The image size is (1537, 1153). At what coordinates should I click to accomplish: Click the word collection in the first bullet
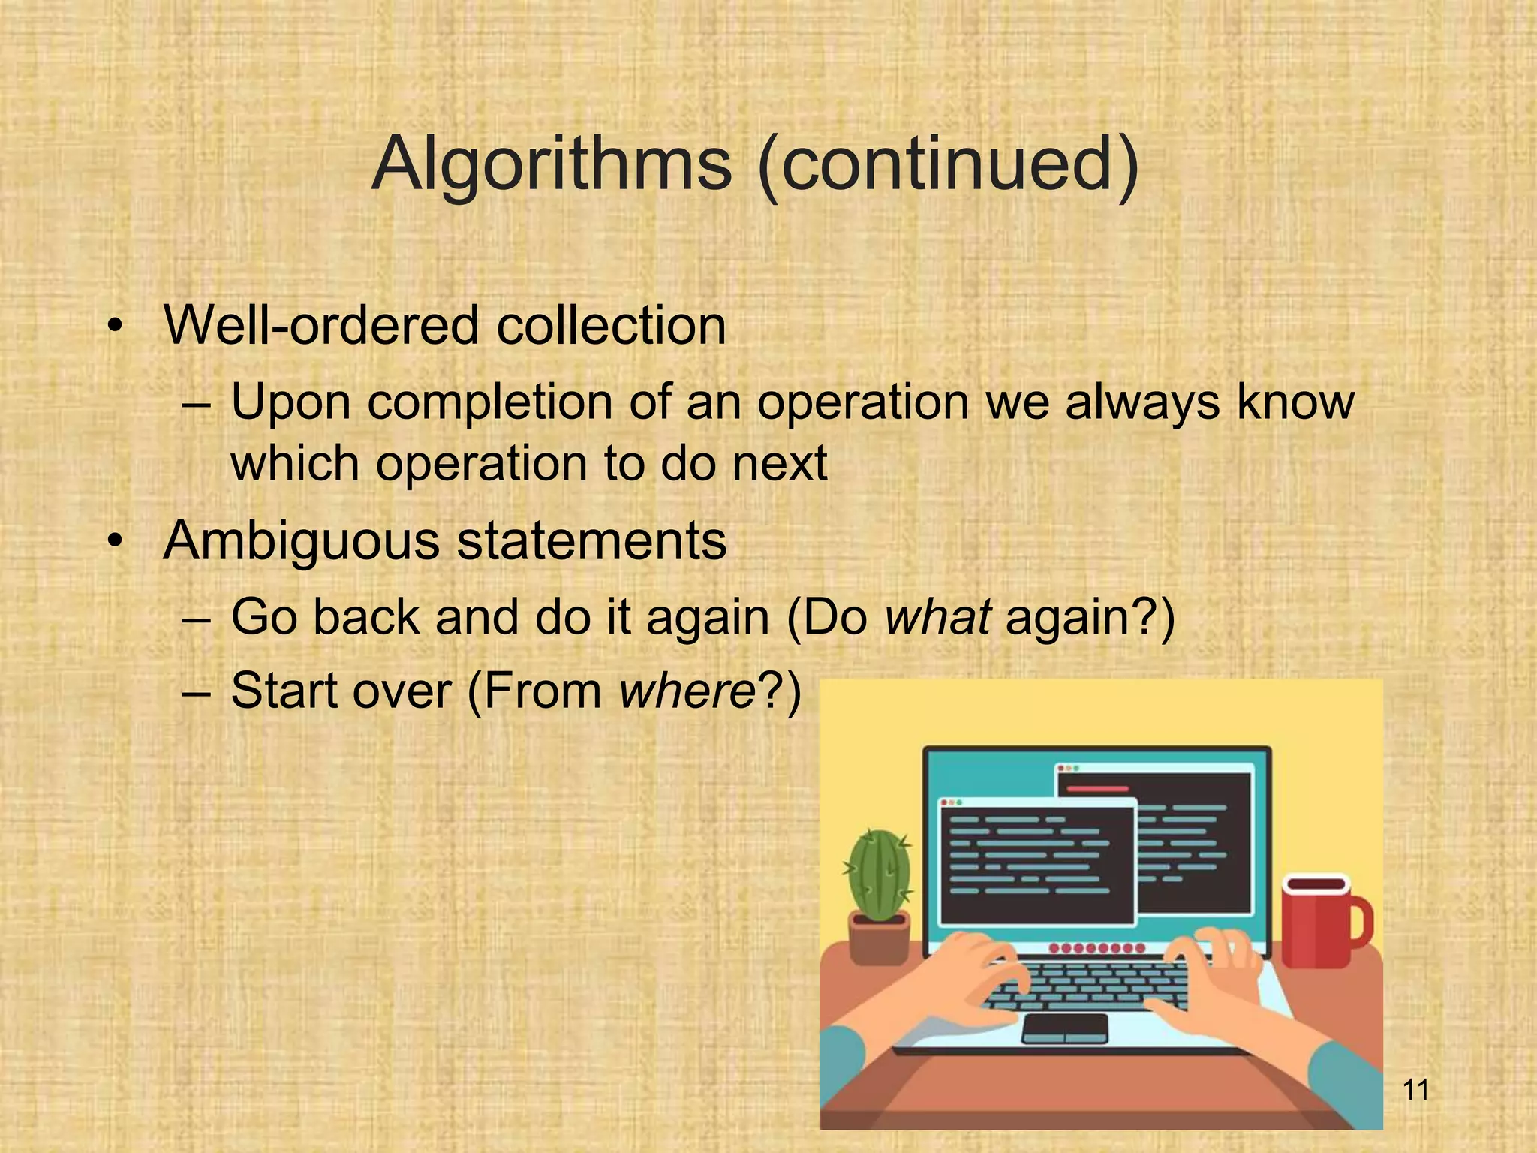click(x=611, y=327)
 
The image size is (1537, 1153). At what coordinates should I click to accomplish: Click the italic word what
click(x=938, y=617)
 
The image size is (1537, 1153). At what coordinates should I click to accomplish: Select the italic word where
click(x=687, y=691)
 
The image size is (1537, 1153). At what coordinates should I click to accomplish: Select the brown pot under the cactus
click(x=879, y=938)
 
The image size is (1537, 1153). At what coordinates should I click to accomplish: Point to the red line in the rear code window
click(x=1097, y=789)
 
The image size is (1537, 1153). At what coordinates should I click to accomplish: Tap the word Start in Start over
click(x=284, y=691)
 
